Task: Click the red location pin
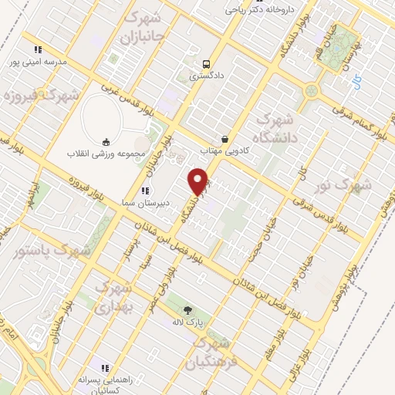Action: (x=199, y=181)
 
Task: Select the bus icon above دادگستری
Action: (x=206, y=64)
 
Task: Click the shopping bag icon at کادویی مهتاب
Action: (x=225, y=139)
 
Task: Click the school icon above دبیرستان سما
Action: (x=144, y=191)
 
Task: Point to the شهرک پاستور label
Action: (x=52, y=251)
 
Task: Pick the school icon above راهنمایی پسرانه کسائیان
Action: (x=106, y=368)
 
